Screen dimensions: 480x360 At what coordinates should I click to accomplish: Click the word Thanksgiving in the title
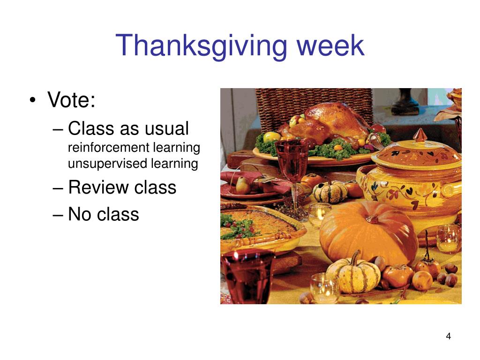point(201,46)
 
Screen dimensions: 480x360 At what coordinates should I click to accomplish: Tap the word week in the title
point(330,45)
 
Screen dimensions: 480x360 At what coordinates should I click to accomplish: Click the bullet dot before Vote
point(33,100)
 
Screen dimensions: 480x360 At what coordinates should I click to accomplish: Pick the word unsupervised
point(107,164)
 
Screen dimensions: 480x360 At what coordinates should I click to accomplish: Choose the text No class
point(104,214)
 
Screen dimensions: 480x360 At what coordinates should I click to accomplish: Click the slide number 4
point(449,337)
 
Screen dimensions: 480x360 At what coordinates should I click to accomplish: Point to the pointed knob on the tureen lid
point(420,135)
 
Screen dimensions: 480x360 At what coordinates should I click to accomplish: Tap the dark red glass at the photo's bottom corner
point(247,276)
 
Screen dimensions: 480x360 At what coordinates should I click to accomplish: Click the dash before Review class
point(58,187)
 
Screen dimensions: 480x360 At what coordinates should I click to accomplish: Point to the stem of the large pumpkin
point(374,218)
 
